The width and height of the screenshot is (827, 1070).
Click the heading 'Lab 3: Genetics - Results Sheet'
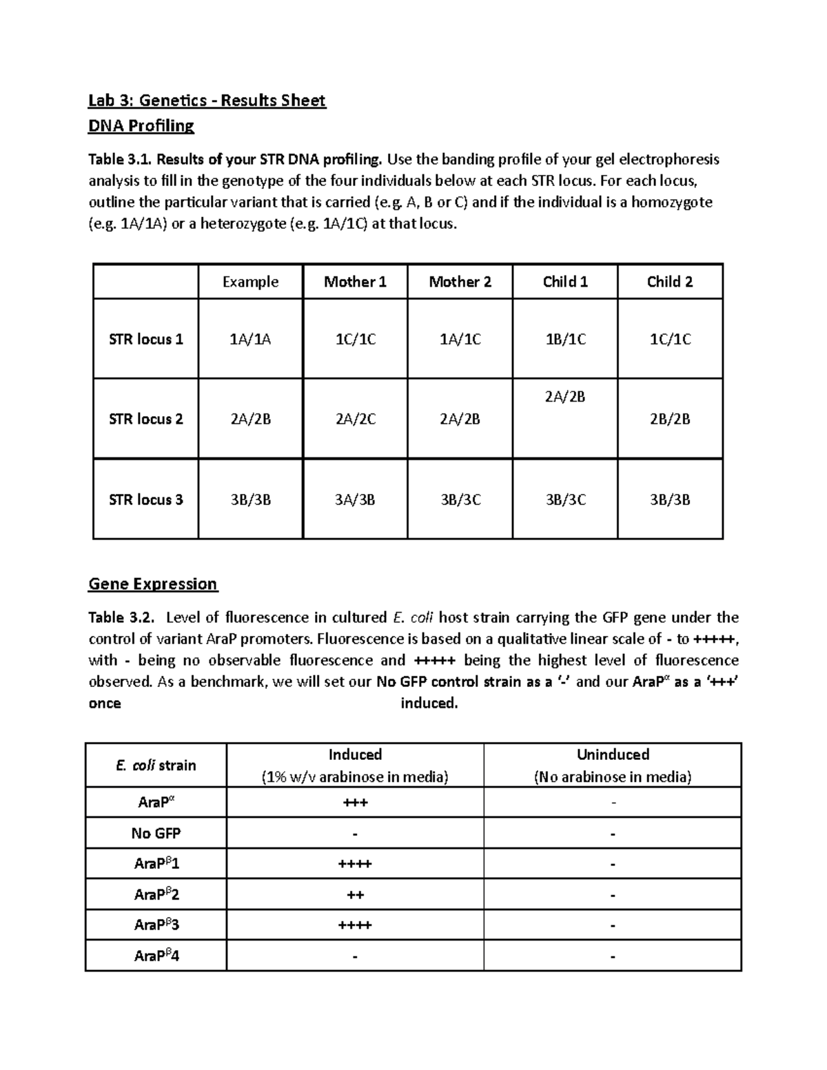pos(207,101)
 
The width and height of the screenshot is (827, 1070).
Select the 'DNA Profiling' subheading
pos(141,125)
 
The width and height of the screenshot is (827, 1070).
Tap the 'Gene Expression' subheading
pos(152,584)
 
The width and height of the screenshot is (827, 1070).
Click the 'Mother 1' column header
pos(355,282)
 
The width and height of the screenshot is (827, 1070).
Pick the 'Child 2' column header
pos(670,282)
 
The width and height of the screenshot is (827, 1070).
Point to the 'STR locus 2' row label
pos(146,419)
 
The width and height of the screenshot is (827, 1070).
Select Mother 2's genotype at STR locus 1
pos(460,339)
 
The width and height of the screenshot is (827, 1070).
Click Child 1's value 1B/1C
pos(565,339)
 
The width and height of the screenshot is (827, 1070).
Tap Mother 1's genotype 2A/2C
pos(355,419)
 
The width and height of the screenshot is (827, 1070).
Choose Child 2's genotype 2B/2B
pos(670,419)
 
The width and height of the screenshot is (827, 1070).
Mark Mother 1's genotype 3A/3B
pos(355,500)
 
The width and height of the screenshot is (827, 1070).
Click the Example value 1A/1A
pos(250,339)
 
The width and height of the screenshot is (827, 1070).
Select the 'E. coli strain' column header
pos(156,765)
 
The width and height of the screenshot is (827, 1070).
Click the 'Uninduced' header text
pos(613,754)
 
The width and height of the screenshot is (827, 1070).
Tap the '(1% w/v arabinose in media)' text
pos(355,777)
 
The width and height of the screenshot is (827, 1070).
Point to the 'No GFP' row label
pos(156,834)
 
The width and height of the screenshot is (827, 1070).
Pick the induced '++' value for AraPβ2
pos(355,895)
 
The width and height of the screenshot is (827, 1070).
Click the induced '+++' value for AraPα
pos(355,803)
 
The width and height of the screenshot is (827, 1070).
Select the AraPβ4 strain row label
pos(156,956)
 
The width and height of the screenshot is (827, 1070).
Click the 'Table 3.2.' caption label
pos(122,617)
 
